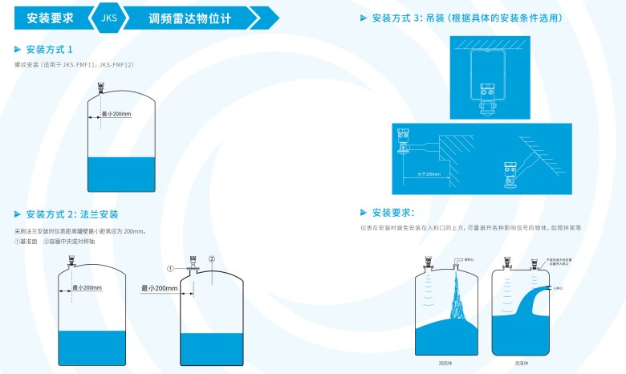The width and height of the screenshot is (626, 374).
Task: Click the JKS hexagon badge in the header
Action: coord(108,17)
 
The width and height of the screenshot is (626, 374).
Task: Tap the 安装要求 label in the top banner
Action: coord(51,17)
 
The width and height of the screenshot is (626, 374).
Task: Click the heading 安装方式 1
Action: coord(55,50)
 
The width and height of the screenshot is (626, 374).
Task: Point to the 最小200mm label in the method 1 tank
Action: coord(116,114)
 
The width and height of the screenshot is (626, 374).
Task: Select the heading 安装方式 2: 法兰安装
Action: coord(72,214)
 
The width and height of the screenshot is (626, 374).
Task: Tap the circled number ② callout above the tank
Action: coord(211,258)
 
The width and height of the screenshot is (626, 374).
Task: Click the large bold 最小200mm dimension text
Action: coord(159,287)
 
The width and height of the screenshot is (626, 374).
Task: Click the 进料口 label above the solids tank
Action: coord(459,259)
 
